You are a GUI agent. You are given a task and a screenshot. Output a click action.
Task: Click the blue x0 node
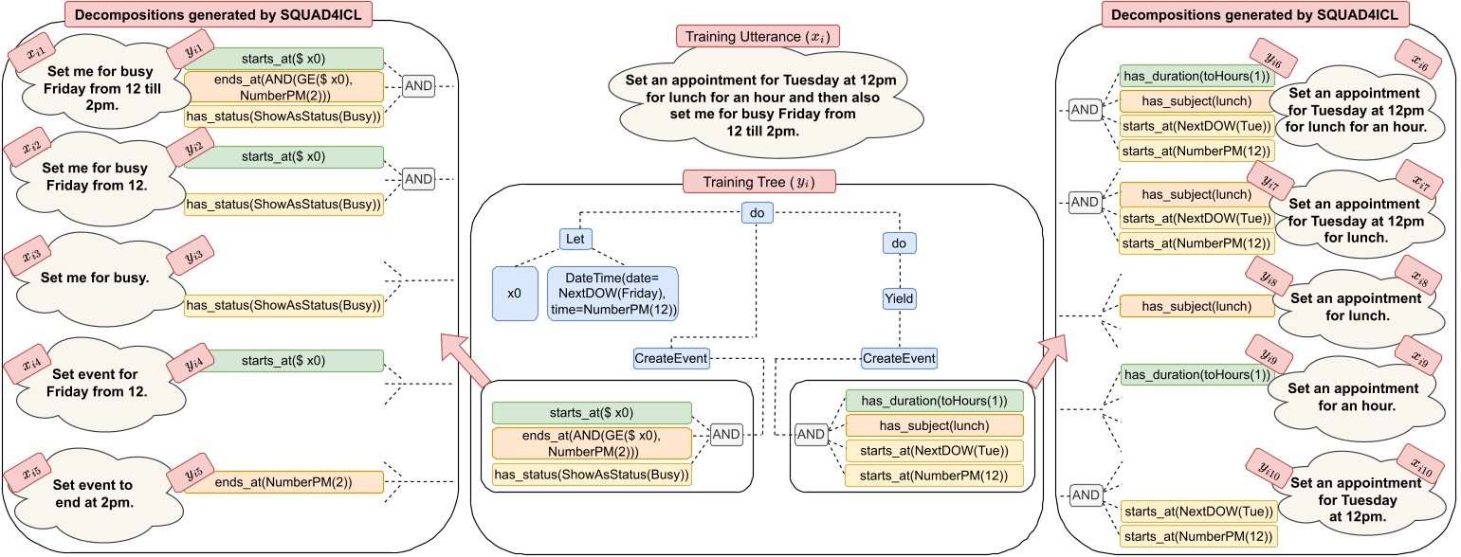click(x=514, y=293)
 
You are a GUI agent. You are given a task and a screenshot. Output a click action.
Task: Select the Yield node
click(x=899, y=299)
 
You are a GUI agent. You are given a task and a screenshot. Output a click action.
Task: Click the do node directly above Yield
click(x=899, y=243)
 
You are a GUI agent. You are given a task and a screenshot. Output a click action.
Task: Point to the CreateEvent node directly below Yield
click(x=899, y=358)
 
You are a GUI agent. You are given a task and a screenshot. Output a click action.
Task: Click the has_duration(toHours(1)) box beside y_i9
click(x=1195, y=375)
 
